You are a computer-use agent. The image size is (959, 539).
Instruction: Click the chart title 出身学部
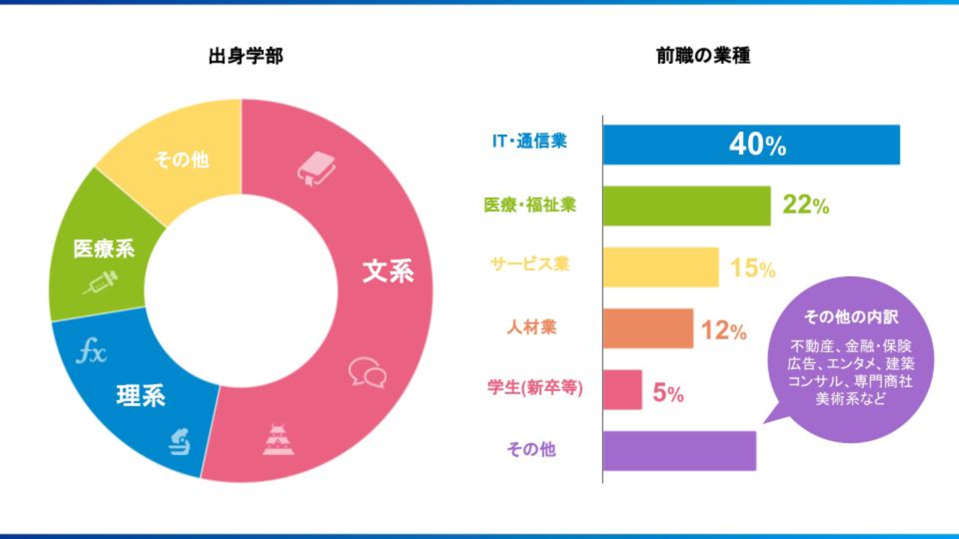(x=246, y=57)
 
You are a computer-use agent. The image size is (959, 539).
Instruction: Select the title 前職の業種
(x=703, y=57)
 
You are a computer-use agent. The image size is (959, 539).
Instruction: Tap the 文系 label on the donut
(x=388, y=271)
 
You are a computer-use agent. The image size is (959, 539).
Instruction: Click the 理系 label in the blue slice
(x=141, y=396)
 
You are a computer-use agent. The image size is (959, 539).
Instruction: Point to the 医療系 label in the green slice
(x=104, y=250)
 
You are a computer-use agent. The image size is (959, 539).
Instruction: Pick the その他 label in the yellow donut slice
(x=181, y=160)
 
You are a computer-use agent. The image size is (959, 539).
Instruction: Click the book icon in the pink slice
(x=316, y=168)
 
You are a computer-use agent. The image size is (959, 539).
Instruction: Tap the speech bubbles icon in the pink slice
(x=367, y=372)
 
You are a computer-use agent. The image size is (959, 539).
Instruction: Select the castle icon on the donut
(x=278, y=440)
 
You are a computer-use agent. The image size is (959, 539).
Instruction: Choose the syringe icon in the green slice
(x=100, y=282)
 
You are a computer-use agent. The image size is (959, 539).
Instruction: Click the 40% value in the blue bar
(x=757, y=144)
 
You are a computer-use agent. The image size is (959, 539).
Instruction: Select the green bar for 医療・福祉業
(x=687, y=206)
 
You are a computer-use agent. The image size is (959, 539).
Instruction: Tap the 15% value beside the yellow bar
(x=753, y=268)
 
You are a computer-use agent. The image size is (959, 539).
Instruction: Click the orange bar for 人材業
(x=648, y=328)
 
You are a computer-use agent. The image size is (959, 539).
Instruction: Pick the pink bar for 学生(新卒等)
(x=622, y=390)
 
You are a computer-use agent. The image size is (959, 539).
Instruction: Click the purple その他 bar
(x=679, y=451)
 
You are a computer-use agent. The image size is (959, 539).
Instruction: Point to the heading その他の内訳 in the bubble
(x=850, y=317)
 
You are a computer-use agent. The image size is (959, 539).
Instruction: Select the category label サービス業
(x=530, y=264)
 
